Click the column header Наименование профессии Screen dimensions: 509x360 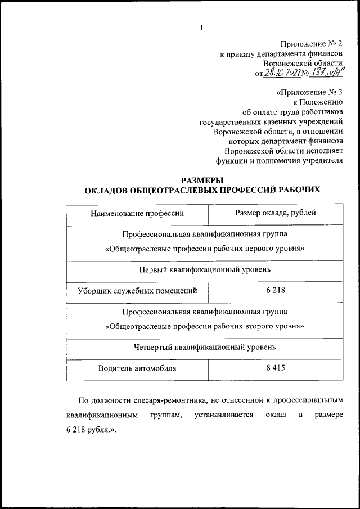[x=137, y=213]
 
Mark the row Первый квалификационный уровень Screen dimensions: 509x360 [x=204, y=269]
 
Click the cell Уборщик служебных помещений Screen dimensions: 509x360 [x=137, y=291]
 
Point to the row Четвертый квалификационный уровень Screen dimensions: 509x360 [x=204, y=347]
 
